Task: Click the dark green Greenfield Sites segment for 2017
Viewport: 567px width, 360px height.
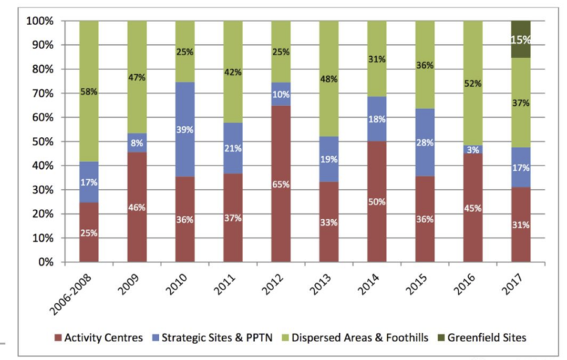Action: (521, 39)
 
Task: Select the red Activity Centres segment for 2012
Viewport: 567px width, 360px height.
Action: (280, 184)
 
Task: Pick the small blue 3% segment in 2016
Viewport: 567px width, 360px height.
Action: (473, 150)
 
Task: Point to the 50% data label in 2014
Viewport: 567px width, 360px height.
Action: (377, 202)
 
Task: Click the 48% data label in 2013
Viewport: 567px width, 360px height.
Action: (329, 79)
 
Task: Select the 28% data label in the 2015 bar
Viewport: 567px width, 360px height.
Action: (424, 143)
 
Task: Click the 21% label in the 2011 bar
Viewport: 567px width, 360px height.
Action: (233, 147)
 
